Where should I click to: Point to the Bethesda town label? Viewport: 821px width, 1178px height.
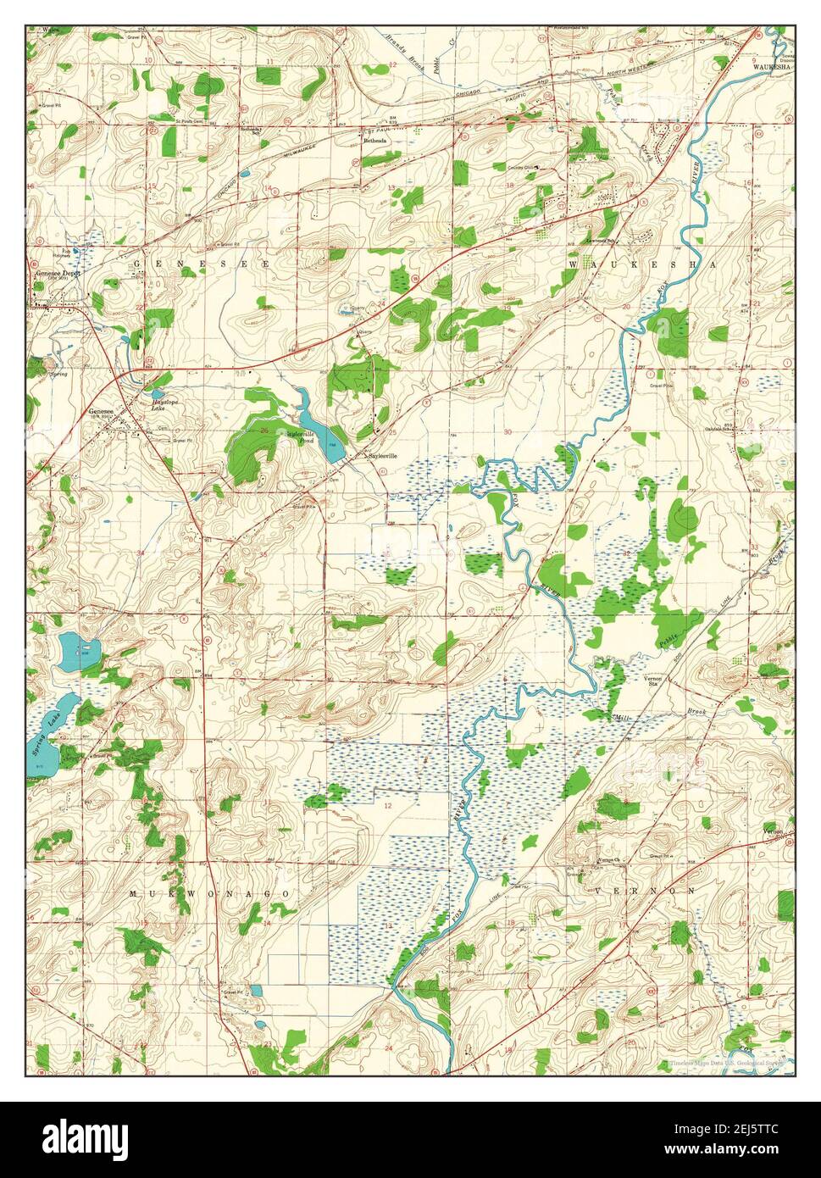click(375, 140)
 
